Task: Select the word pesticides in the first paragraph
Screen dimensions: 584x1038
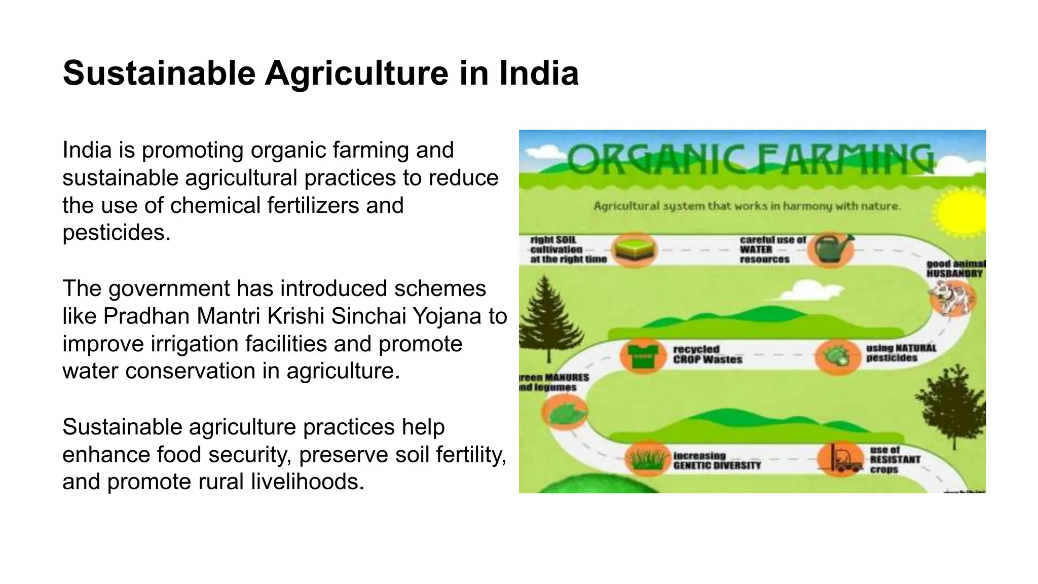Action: (x=116, y=233)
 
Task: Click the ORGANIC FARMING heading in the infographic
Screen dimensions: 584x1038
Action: (x=750, y=159)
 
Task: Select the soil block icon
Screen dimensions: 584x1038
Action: (x=634, y=249)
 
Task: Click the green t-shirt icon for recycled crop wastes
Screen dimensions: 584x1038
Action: (x=643, y=355)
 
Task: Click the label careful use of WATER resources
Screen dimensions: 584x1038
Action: (x=771, y=249)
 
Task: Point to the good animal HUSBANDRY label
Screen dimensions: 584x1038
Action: (x=955, y=269)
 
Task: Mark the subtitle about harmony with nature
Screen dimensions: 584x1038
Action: (x=747, y=206)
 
